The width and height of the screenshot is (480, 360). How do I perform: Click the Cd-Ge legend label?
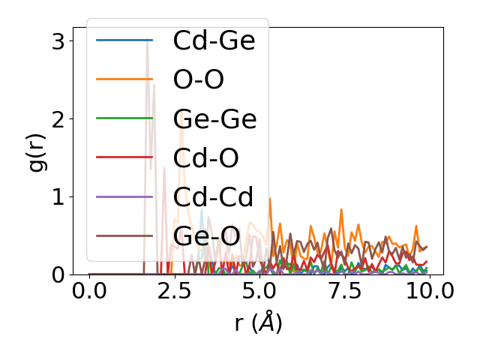pos(214,41)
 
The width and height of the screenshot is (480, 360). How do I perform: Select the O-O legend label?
pos(198,80)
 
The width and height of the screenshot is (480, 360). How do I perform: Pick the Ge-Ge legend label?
pos(214,119)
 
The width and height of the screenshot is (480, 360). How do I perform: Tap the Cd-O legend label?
pos(205,158)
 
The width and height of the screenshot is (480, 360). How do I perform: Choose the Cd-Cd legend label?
pos(213,197)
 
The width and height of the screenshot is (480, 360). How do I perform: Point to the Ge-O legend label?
pos(206,236)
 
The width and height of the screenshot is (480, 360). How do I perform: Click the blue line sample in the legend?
pos(124,40)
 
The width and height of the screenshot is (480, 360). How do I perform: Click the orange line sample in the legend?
pos(124,79)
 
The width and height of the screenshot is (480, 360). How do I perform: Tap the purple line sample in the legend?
pos(124,196)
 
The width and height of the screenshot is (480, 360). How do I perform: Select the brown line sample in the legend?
pos(124,235)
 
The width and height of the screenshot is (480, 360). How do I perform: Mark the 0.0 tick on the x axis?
pos(89,292)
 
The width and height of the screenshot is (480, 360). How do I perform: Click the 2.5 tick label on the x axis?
pos(174,292)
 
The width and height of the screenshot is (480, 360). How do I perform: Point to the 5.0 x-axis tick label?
pos(259,292)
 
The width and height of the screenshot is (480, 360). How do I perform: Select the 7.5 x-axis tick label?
pos(343,292)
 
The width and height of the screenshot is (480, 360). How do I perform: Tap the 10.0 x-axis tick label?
pos(428,292)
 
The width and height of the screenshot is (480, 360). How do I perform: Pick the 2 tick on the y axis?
pos(58,118)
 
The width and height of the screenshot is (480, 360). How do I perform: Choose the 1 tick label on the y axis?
pos(58,196)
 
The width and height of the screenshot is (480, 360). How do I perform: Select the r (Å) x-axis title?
pos(259,323)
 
